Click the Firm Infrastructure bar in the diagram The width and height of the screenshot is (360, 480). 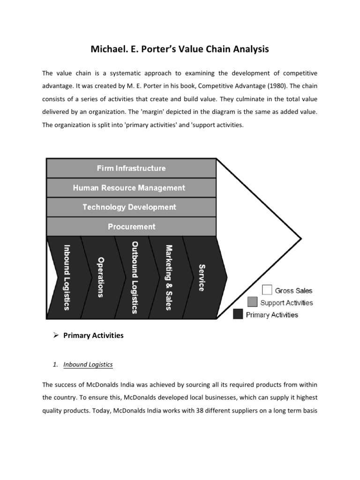[131, 168]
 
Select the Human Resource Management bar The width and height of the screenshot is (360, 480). [131, 188]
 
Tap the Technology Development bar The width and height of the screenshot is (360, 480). [131, 207]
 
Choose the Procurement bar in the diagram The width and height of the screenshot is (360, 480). [131, 226]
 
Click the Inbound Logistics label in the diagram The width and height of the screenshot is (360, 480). [67, 277]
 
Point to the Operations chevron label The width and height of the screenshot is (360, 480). [100, 277]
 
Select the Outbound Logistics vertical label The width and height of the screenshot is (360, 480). [135, 277]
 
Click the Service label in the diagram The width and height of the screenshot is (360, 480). [202, 277]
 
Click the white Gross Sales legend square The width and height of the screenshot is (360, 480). [267, 291]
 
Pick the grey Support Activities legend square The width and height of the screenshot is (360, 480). [253, 302]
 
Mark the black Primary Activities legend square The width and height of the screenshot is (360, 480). [238, 315]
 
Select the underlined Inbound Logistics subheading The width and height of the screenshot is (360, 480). [88, 364]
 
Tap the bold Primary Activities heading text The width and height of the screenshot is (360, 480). [93, 336]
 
